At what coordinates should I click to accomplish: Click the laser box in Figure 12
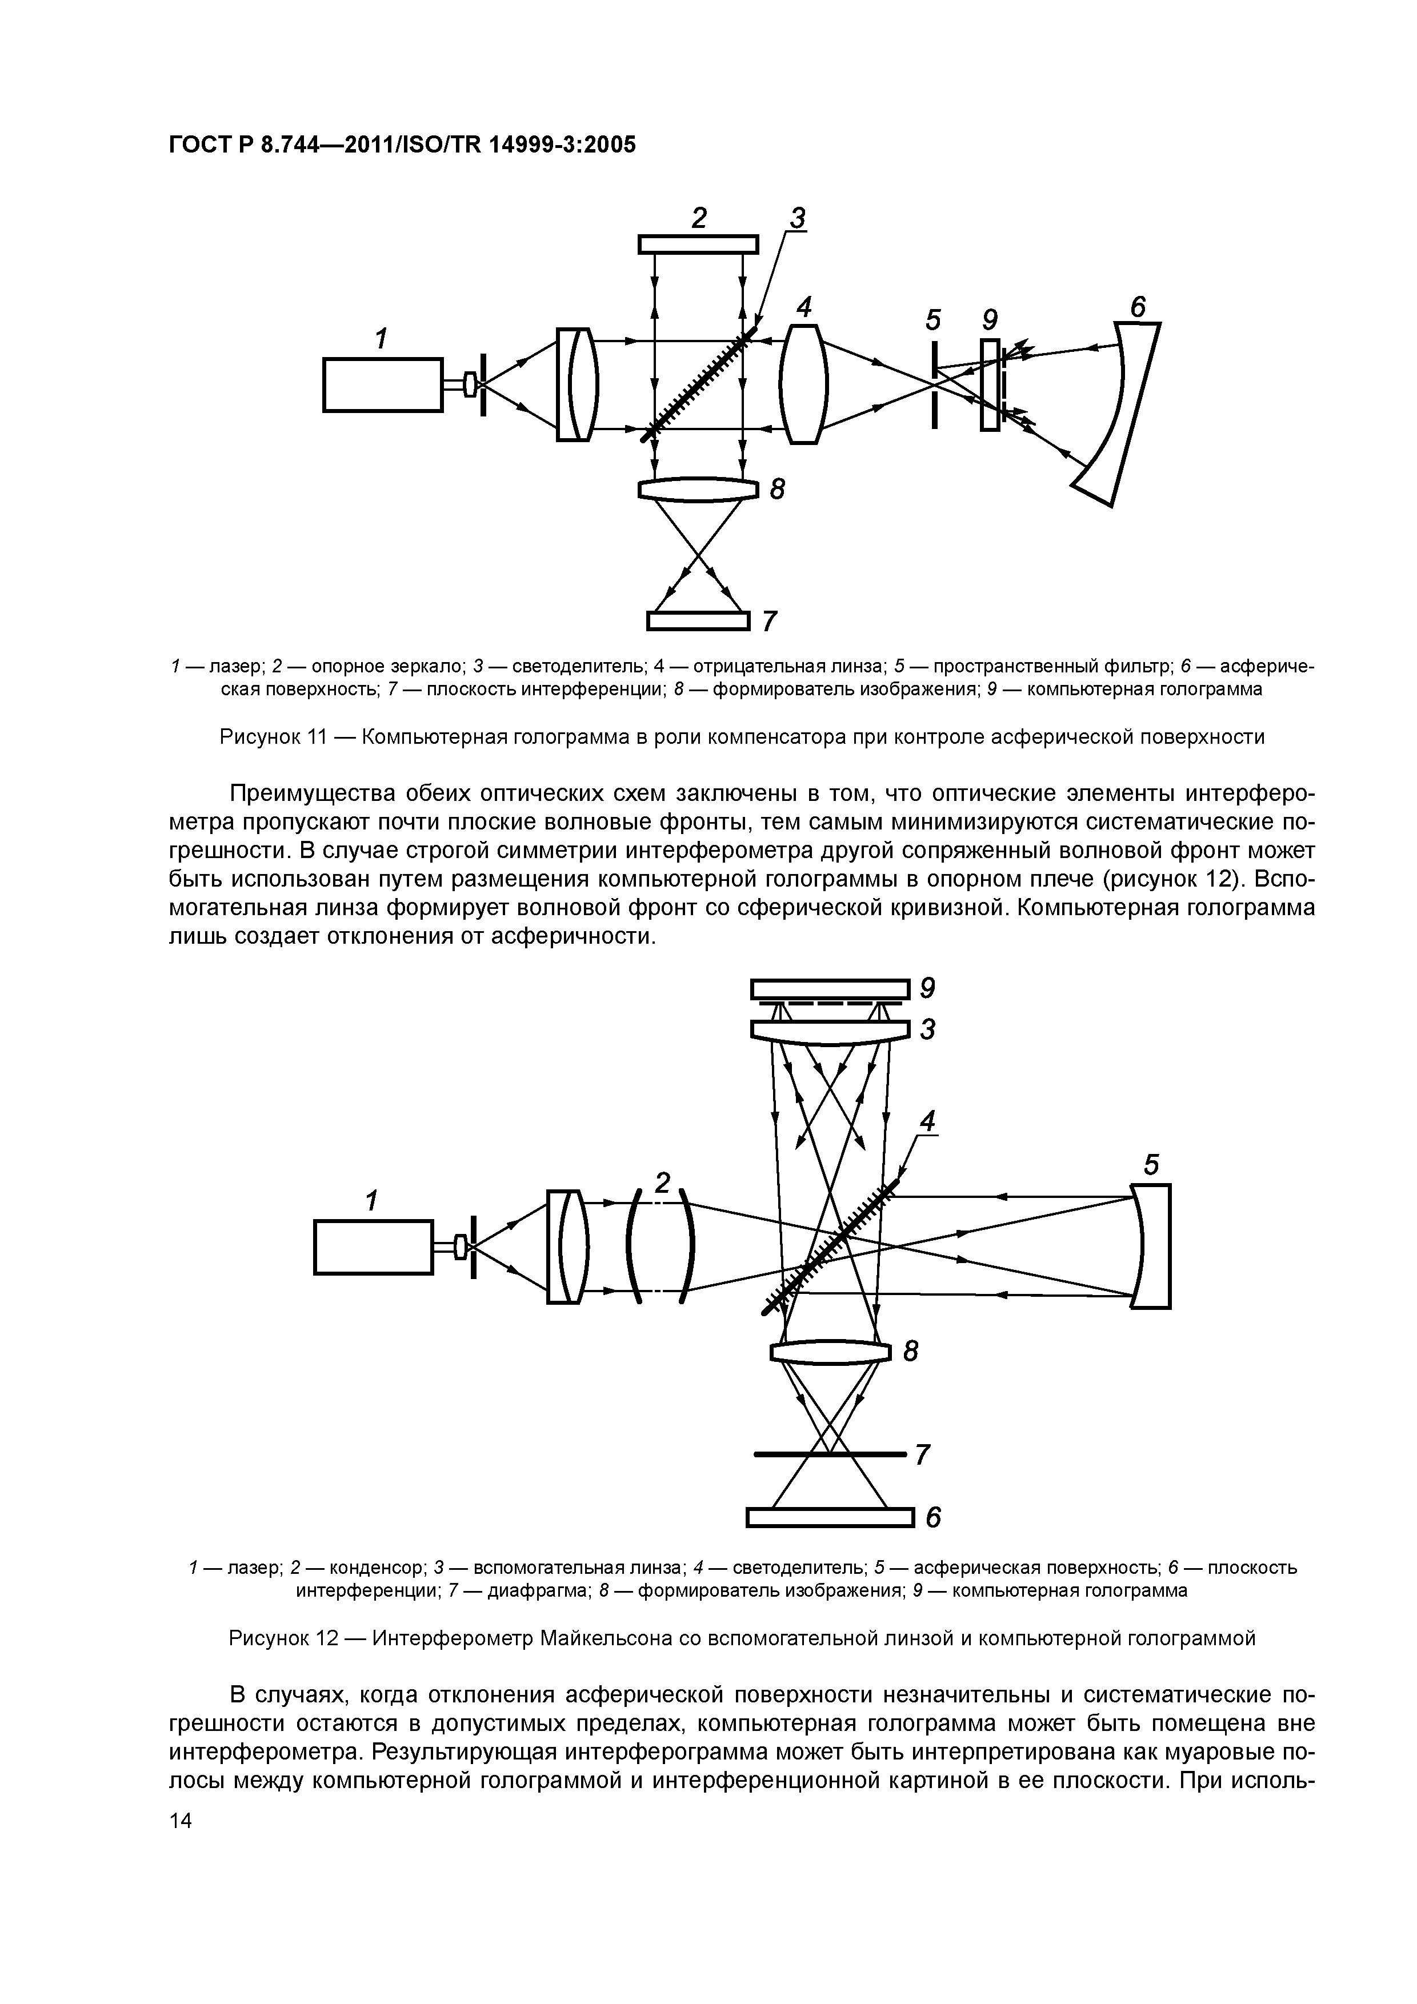tap(374, 1247)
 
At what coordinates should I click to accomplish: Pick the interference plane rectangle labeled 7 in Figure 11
tap(698, 620)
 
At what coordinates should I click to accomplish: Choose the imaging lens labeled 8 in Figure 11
tap(698, 489)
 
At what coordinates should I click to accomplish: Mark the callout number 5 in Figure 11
tap(933, 320)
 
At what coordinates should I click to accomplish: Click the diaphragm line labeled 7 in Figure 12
tap(830, 1454)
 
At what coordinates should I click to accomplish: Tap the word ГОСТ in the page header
tap(197, 144)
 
